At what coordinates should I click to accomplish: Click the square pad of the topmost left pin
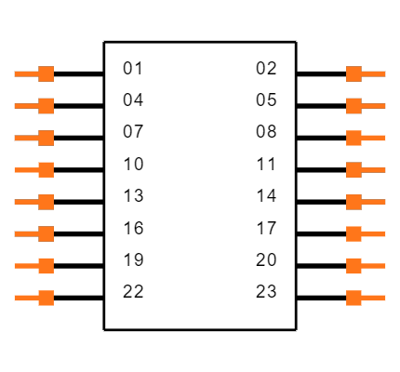(46, 73)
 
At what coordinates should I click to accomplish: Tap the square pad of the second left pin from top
(46, 106)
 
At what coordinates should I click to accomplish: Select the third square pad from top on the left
(46, 138)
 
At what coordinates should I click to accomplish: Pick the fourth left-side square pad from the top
(46, 169)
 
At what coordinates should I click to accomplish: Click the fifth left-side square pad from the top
(46, 202)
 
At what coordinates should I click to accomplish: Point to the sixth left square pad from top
(46, 233)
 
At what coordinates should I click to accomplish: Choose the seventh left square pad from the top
(46, 266)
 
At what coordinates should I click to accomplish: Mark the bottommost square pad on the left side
(46, 298)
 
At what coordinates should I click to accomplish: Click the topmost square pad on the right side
(353, 73)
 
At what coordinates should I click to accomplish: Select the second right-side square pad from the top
(353, 106)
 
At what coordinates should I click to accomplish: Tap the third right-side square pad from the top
(353, 138)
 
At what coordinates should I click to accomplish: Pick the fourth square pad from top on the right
(353, 169)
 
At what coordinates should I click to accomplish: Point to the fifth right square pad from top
(353, 202)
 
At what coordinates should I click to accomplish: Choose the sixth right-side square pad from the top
(353, 233)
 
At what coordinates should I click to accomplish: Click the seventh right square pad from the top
(353, 266)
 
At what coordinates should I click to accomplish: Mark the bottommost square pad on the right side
(353, 298)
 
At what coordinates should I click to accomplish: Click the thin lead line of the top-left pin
(25, 73)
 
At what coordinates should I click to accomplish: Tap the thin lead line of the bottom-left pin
(25, 298)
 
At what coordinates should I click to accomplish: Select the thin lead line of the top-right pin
(374, 73)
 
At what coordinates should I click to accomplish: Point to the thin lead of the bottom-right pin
(374, 298)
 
